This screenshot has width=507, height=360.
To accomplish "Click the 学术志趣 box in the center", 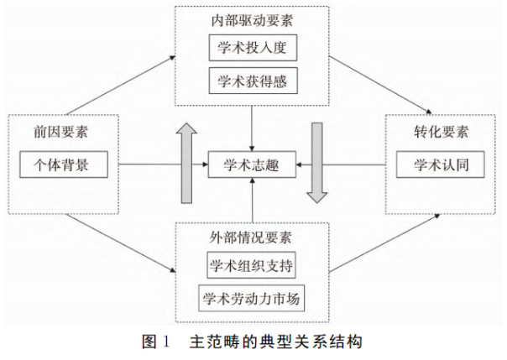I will coord(253,165).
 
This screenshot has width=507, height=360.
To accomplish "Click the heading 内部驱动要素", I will coord(252,17).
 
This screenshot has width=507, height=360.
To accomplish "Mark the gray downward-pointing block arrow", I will coord(317,163).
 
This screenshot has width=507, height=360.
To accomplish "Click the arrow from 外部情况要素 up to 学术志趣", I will coord(253,202).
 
